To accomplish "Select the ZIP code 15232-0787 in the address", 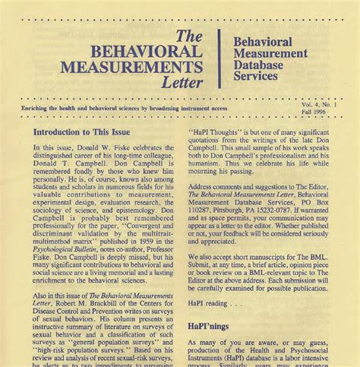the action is pos(288,203).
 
